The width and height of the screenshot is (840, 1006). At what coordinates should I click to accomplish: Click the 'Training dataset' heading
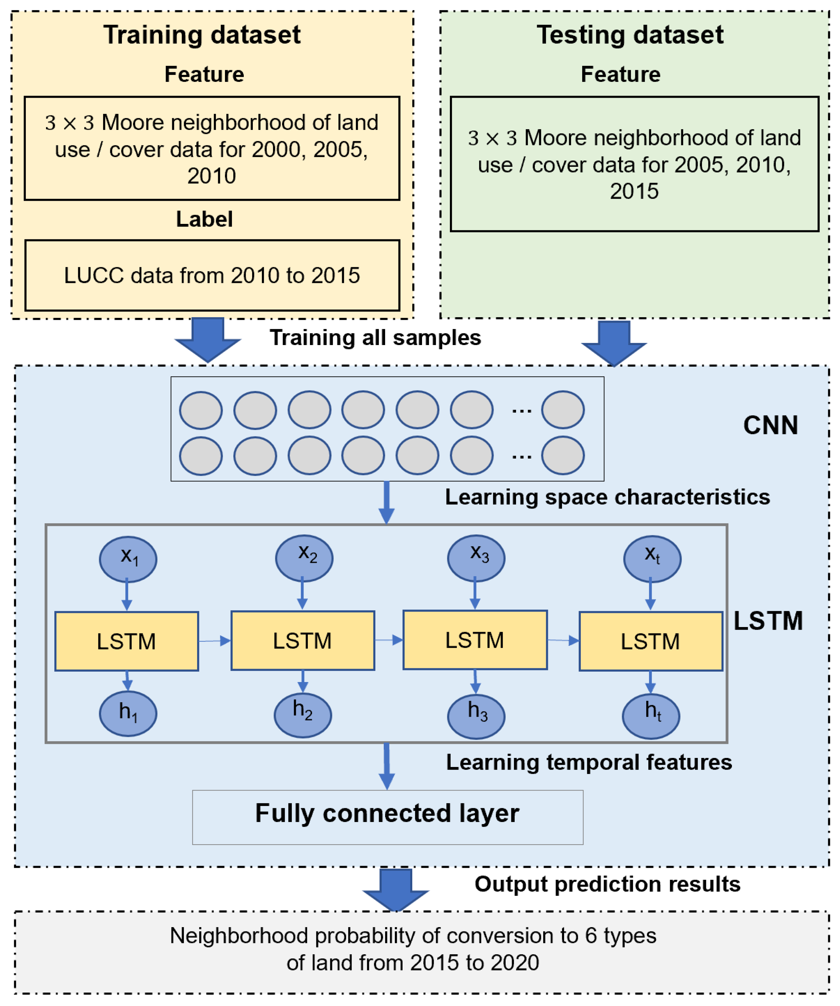[202, 35]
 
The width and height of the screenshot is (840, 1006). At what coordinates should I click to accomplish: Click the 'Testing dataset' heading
[629, 35]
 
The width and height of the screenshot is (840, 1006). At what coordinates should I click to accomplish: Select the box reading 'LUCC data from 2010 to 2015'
[212, 276]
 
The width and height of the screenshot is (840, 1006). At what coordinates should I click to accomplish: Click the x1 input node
[128, 559]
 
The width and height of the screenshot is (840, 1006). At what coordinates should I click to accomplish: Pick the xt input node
[652, 559]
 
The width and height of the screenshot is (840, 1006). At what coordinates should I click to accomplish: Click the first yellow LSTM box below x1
[127, 641]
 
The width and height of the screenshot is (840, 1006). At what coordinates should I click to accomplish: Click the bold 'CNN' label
[770, 425]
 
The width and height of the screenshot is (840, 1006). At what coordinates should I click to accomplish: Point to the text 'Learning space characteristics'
[607, 497]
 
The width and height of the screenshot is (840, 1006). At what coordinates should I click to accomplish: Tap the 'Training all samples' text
[375, 337]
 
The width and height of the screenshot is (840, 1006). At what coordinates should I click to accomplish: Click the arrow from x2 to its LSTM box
[302, 595]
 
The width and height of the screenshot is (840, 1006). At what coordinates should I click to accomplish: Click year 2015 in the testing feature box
[634, 191]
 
